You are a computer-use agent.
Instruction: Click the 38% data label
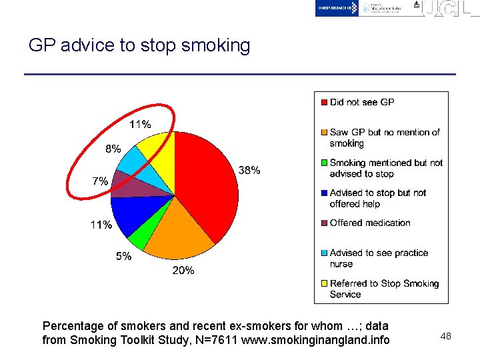[x=249, y=170]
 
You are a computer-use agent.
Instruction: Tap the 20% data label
[x=183, y=270]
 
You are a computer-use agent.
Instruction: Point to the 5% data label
[x=123, y=256]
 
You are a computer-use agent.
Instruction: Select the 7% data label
[x=100, y=181]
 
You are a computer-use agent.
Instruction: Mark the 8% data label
[x=113, y=149]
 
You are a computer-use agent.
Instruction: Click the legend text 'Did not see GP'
[x=362, y=102]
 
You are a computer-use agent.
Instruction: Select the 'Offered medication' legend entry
[x=370, y=223]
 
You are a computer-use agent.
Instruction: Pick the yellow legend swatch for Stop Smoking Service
[x=323, y=283]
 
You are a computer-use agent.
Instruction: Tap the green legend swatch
[x=323, y=163]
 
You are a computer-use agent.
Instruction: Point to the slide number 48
[x=445, y=336]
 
